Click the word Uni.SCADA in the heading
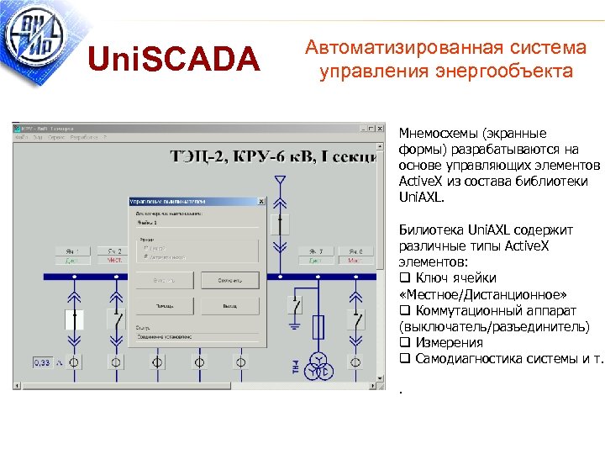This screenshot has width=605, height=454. point(175,59)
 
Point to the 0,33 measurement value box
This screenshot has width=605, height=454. point(42,362)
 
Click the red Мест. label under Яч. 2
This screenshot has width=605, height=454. point(114,261)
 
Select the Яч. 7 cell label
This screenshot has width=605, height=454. point(317,251)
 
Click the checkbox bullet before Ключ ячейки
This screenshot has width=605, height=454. point(404,278)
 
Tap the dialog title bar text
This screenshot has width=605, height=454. point(168,202)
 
